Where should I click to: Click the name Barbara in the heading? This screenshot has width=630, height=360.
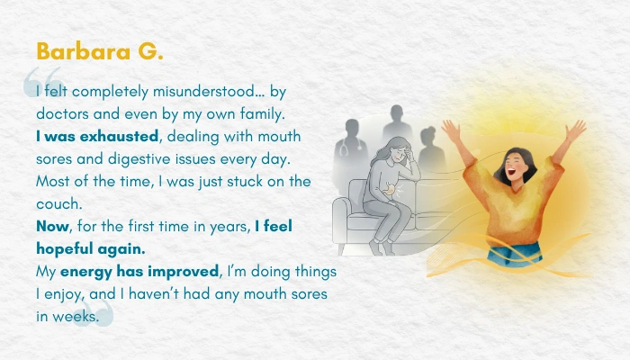tap(84, 51)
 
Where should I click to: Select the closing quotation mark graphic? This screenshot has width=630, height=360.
tap(94, 311)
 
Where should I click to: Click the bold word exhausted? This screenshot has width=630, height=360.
tap(119, 136)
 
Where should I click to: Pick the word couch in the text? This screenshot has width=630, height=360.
tap(59, 203)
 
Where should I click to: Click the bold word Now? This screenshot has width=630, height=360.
tap(52, 226)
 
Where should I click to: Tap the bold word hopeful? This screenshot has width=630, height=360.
tap(65, 249)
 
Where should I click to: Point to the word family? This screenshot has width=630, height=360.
tap(263, 114)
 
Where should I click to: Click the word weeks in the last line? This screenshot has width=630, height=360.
tap(76, 317)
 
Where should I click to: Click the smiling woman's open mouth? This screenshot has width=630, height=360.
tap(511, 172)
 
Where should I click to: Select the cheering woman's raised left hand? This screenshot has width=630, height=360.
tap(577, 130)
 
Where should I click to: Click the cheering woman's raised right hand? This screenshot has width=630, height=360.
tap(451, 130)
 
